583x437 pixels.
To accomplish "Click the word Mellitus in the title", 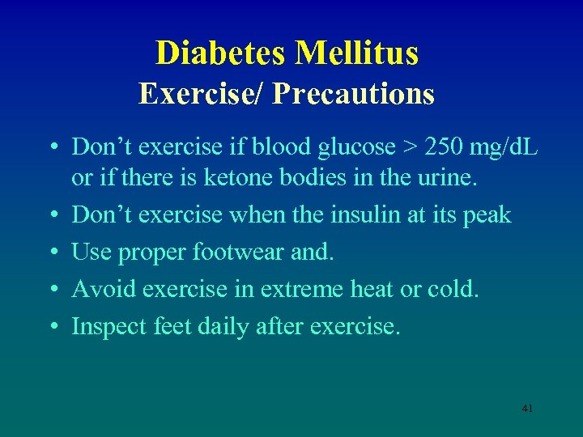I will pyautogui.click(x=357, y=53).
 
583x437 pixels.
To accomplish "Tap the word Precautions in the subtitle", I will pyautogui.click(x=354, y=94).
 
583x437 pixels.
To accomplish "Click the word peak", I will pyautogui.click(x=488, y=216).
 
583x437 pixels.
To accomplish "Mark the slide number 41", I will pyautogui.click(x=527, y=409).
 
